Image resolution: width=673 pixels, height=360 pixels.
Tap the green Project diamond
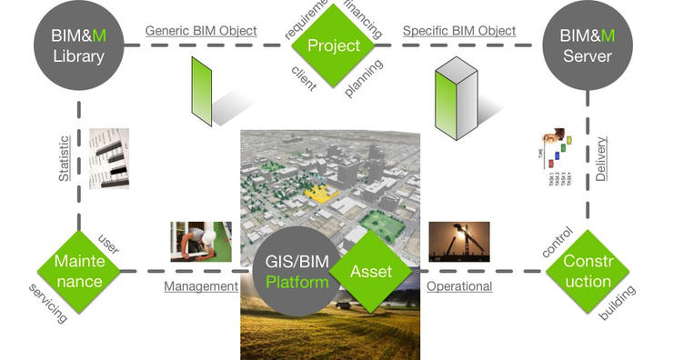click(x=334, y=44)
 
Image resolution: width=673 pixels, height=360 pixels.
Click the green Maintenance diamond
click(x=79, y=270)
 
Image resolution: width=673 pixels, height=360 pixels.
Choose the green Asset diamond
click(x=370, y=270)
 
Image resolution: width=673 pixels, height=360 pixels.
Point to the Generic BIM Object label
click(x=200, y=31)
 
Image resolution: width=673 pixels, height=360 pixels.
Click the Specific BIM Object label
click(x=458, y=31)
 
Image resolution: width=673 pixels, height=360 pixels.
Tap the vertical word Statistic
click(x=65, y=159)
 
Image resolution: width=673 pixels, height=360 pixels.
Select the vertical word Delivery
click(x=601, y=158)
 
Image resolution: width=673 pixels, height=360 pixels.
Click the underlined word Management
click(x=200, y=286)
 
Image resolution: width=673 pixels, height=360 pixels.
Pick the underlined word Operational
click(x=459, y=286)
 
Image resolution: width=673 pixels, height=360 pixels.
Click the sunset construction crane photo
click(x=459, y=242)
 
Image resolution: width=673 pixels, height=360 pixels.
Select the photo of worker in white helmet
click(x=200, y=242)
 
